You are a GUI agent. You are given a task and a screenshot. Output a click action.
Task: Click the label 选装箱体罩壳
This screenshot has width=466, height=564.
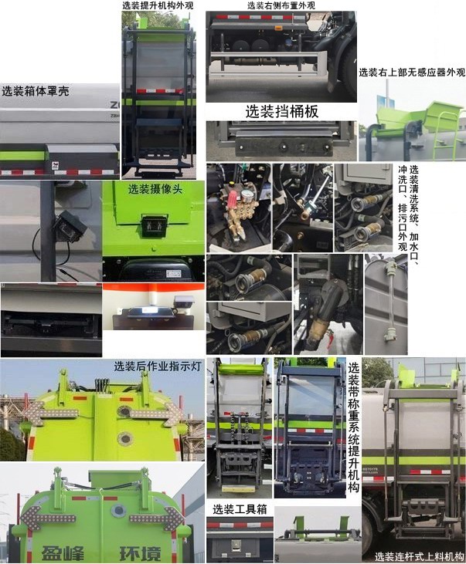[x=36, y=91]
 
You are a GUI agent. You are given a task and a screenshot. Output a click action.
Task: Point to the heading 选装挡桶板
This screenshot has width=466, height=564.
[x=282, y=111]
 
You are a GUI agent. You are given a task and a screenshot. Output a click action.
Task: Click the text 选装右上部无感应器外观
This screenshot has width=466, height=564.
[x=412, y=73]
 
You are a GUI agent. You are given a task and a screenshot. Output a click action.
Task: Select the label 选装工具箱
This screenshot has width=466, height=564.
[x=240, y=509]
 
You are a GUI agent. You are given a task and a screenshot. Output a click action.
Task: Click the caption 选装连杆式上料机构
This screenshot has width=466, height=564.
[x=419, y=556]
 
